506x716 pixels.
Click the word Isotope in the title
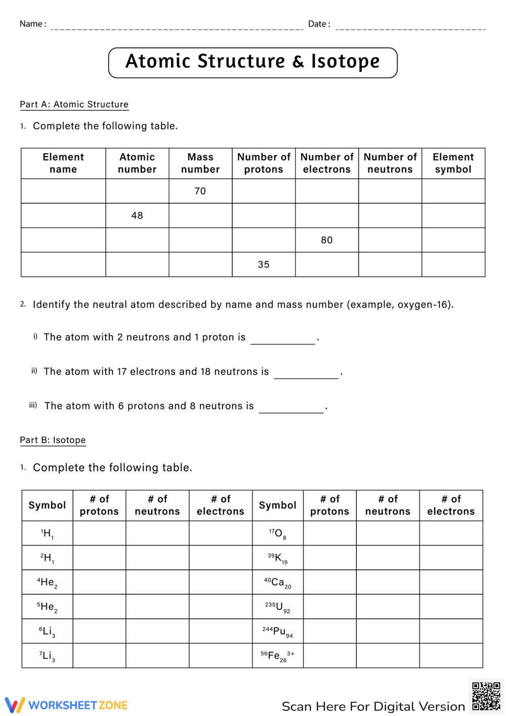345,62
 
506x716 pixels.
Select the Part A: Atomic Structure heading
74,104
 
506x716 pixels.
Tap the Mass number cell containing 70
200,191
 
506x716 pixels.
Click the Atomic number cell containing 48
137,215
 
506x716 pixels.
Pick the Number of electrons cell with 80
327,240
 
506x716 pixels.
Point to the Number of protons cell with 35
264,264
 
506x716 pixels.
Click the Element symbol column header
453,163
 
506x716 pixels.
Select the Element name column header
63,163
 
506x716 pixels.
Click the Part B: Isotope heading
53,440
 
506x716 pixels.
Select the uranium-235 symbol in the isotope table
278,606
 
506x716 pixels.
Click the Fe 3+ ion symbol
277,656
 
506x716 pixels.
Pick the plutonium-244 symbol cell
278,631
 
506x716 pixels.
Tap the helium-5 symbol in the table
47,606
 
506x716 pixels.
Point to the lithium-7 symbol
47,656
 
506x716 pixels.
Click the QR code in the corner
486,696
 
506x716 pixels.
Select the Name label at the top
32,24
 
